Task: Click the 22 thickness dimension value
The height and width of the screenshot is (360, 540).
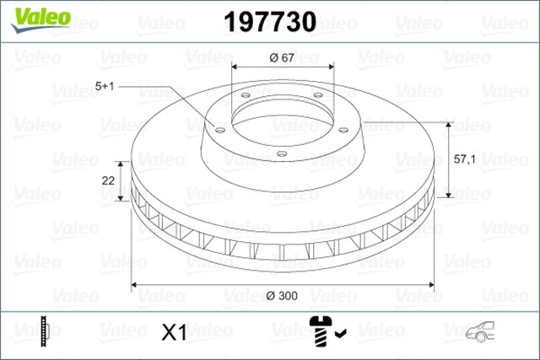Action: [x=107, y=180]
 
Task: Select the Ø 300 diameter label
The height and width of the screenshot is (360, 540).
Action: [x=280, y=296]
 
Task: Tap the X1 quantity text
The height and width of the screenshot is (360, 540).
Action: [x=172, y=334]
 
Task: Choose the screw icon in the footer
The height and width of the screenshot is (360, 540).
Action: [x=321, y=331]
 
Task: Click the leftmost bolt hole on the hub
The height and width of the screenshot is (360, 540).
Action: [x=219, y=130]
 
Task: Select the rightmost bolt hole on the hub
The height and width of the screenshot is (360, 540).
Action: [x=345, y=129]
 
